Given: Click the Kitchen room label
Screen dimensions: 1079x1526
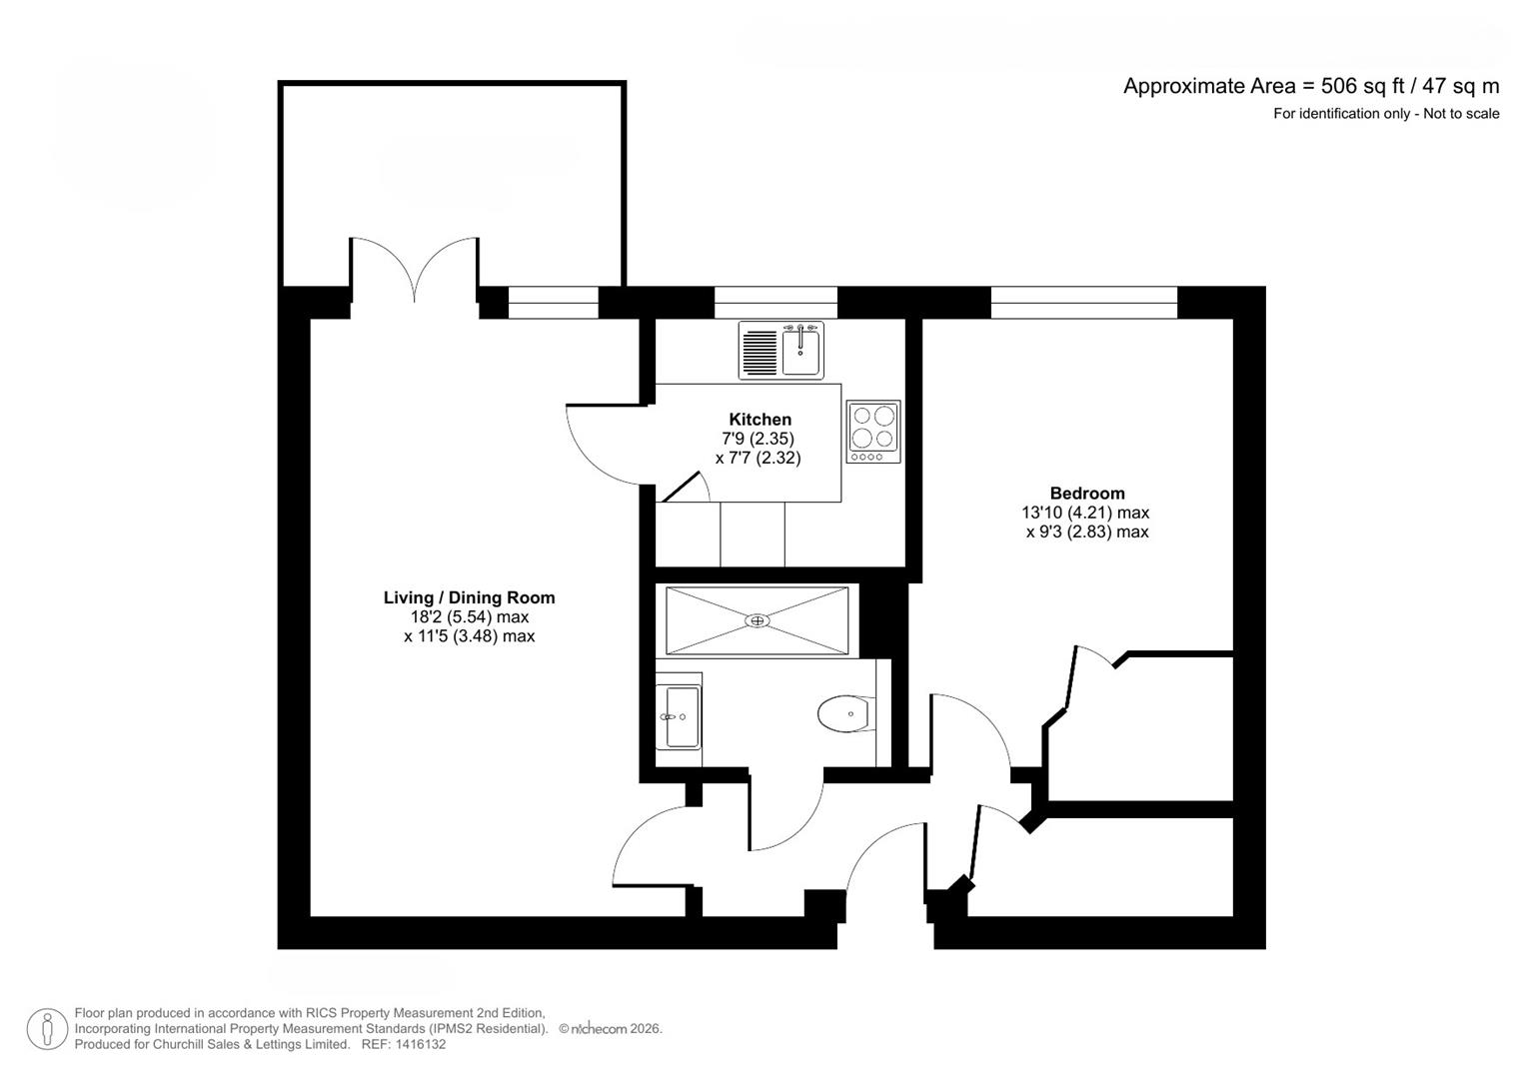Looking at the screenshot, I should point(760,420).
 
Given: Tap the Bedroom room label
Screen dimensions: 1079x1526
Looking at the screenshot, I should point(1086,493).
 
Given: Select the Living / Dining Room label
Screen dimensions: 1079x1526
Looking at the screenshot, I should point(469,597).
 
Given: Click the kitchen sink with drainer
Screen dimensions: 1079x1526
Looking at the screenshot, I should point(781,351).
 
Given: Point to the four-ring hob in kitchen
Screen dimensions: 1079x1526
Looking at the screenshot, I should point(872,431).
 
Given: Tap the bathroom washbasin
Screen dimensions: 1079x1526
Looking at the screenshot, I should point(680,716).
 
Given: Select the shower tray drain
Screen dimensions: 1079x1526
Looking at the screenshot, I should point(758,620).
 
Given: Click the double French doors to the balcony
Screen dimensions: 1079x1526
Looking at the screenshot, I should point(415,272).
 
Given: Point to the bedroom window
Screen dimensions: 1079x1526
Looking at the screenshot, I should point(1083,303).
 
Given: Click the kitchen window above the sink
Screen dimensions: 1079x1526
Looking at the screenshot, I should point(775,303).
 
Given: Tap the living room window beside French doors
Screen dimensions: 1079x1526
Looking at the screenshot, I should point(553,303).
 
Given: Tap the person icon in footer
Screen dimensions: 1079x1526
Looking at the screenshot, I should point(47,1028).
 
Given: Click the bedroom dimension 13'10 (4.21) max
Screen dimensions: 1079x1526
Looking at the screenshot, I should point(1084,513).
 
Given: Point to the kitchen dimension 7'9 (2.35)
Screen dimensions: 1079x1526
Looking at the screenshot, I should point(760,439).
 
